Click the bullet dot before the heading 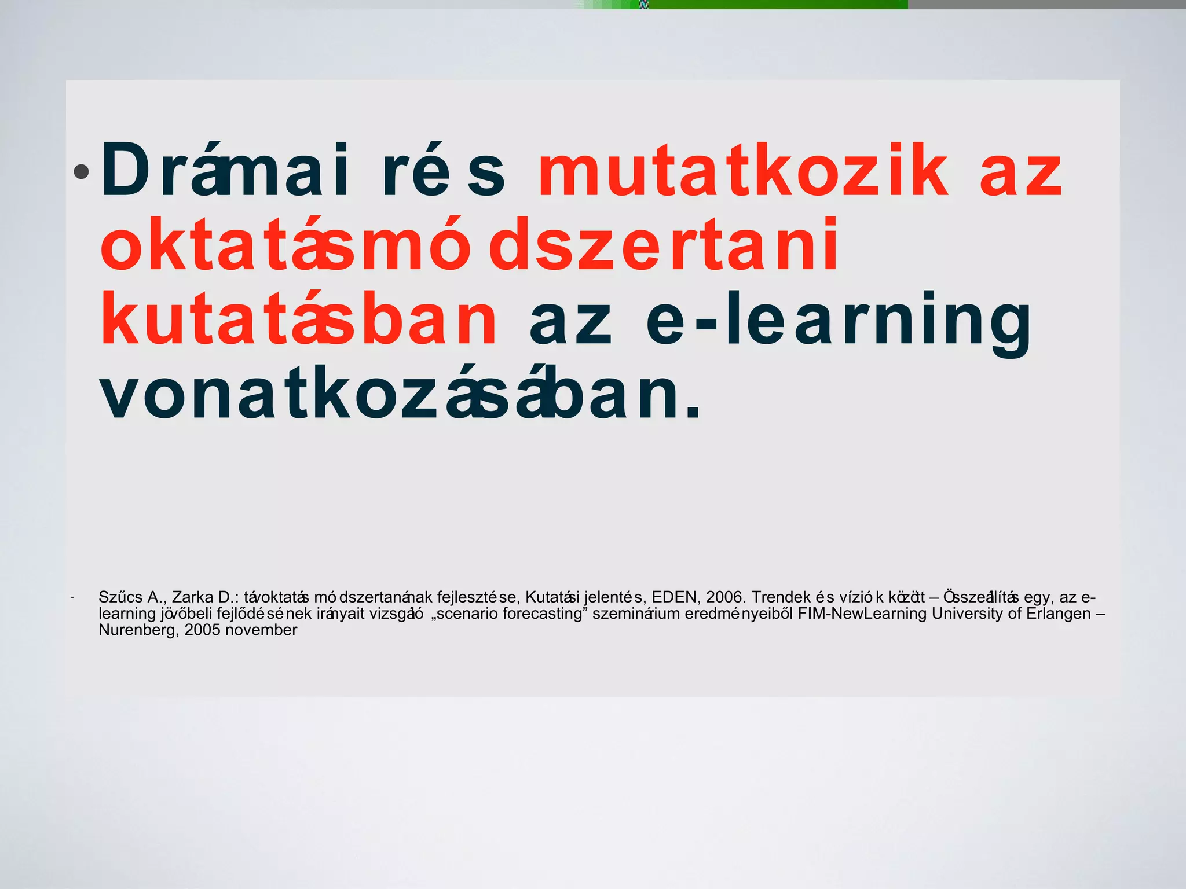tap(81, 171)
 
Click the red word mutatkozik tap(743, 171)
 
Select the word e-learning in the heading tap(838, 321)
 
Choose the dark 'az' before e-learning tap(570, 321)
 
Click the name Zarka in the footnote tap(193, 597)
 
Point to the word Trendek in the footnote tap(781, 597)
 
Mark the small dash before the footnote tap(71, 597)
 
